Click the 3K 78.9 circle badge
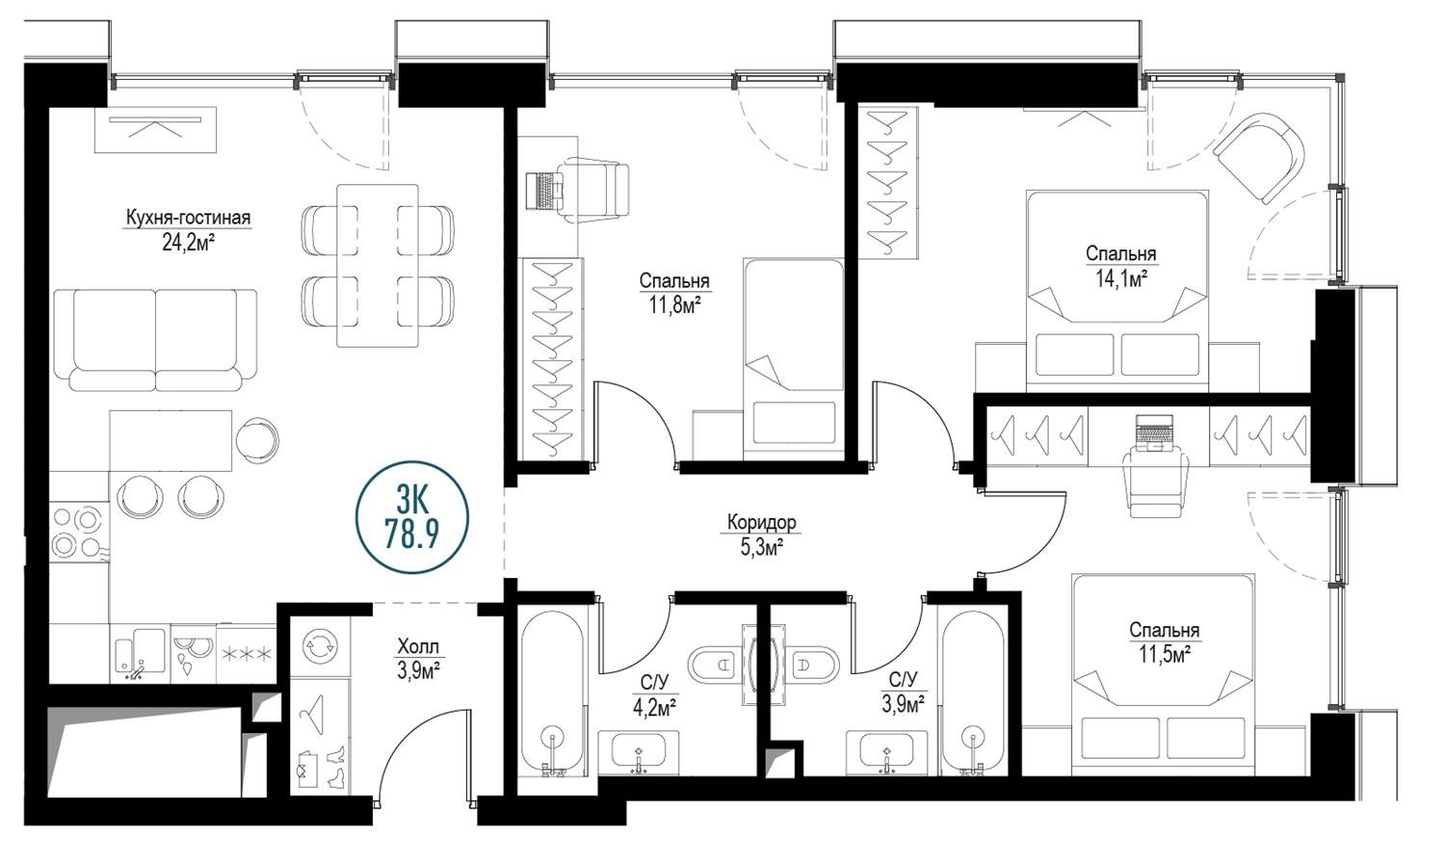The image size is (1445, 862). click(411, 517)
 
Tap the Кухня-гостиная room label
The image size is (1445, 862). click(188, 218)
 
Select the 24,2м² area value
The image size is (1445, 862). click(188, 244)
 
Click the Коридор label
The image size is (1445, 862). click(761, 522)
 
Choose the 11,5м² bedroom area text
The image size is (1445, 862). click(1164, 656)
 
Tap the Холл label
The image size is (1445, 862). click(418, 646)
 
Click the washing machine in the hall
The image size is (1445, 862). click(320, 645)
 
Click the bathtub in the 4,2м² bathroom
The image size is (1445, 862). click(552, 693)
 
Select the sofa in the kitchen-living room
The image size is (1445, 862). click(155, 340)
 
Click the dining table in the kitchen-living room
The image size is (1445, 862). click(378, 266)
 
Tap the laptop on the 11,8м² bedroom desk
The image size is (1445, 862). click(544, 190)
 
